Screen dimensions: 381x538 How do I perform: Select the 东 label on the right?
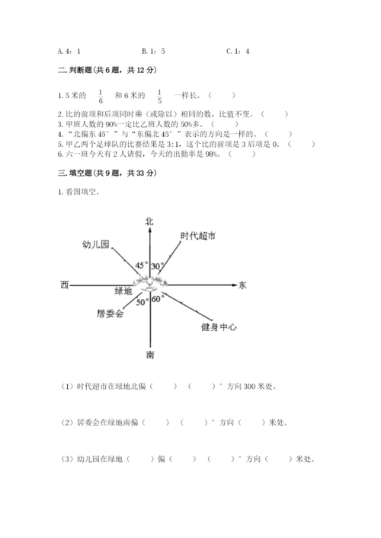pyautogui.click(x=242, y=285)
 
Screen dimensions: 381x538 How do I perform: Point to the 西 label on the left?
pyautogui.click(x=64, y=285)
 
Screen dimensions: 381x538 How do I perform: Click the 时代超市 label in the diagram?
pyautogui.click(x=197, y=237)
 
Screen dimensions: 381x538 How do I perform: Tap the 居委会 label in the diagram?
pyautogui.click(x=110, y=313)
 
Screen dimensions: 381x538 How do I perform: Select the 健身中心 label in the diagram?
pyautogui.click(x=219, y=327)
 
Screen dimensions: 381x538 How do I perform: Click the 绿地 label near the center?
pyautogui.click(x=123, y=291)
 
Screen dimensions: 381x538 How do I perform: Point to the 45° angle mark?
pyautogui.click(x=141, y=266)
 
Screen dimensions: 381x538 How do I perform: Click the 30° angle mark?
pyautogui.click(x=157, y=266)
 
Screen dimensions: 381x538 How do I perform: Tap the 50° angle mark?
pyautogui.click(x=142, y=302)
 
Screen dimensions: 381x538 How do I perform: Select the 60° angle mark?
pyautogui.click(x=158, y=299)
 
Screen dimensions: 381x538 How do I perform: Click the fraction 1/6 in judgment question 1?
pyautogui.click(x=100, y=97)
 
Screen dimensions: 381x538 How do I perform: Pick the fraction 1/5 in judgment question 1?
pyautogui.click(x=159, y=97)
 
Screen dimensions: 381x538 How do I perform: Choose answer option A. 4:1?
pyautogui.click(x=69, y=51)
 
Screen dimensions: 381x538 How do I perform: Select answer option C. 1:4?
pyautogui.click(x=239, y=51)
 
